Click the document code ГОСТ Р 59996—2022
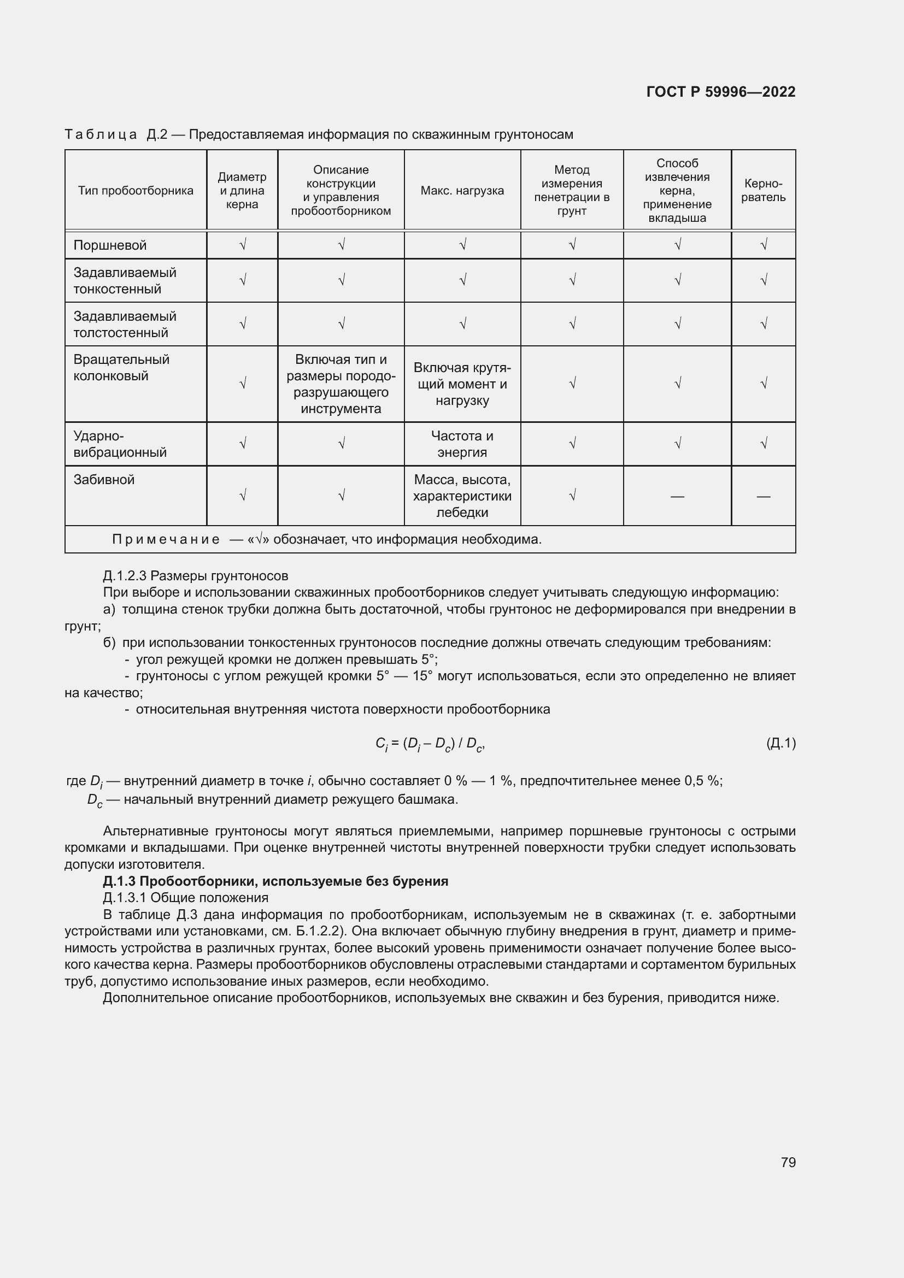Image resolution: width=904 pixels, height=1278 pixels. point(720,92)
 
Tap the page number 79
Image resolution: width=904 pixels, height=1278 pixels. point(788,1162)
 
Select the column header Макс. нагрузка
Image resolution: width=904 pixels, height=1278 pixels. point(462,191)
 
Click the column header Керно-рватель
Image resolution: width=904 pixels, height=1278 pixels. point(763,190)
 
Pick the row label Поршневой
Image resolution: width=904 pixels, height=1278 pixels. point(110,245)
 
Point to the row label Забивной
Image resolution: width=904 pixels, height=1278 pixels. point(104,480)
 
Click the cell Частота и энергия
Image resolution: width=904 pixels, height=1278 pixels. point(462,444)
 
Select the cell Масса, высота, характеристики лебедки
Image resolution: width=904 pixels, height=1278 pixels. point(462,496)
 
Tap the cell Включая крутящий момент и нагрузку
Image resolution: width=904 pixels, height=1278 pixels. point(462,384)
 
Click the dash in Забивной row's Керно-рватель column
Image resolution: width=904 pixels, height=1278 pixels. point(763,496)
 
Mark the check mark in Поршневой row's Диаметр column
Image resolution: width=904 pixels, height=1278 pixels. point(242,245)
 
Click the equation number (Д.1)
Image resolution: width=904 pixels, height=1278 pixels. point(780,743)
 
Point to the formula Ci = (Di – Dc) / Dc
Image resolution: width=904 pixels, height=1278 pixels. point(430,744)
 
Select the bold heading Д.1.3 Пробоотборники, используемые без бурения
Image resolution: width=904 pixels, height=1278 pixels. point(275,881)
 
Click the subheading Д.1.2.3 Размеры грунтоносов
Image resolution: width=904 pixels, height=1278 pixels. point(195,575)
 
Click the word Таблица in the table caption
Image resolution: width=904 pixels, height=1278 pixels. point(101,135)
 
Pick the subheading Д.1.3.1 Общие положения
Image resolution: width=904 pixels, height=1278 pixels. point(185,898)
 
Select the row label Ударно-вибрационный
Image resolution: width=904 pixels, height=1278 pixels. point(120,444)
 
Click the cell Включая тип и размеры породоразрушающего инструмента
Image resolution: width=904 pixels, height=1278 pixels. point(341,384)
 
